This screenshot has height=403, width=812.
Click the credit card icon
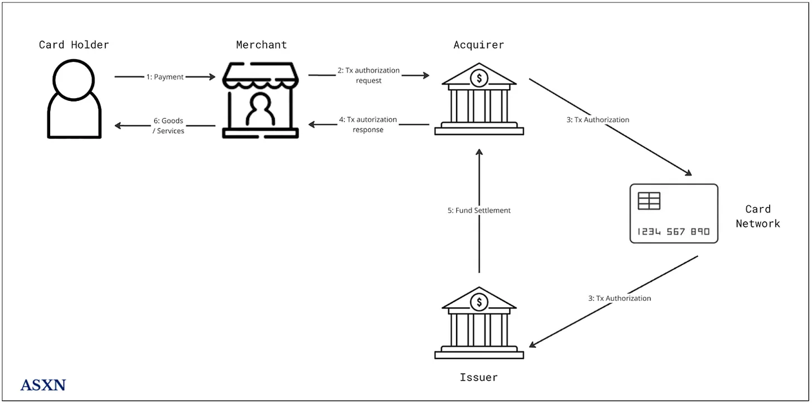pyautogui.click(x=673, y=214)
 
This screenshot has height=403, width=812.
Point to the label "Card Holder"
pyautogui.click(x=74, y=45)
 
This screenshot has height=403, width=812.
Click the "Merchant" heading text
pyautogui.click(x=261, y=45)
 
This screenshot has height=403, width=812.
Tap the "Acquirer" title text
pyautogui.click(x=479, y=45)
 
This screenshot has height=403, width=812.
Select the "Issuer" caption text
pyautogui.click(x=479, y=377)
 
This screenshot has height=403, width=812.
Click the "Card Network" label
pyautogui.click(x=757, y=216)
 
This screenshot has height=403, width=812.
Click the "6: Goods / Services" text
pyautogui.click(x=168, y=126)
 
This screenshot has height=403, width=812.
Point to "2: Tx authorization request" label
pyautogui.click(x=369, y=76)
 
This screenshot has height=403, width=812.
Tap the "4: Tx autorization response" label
pyautogui.click(x=368, y=125)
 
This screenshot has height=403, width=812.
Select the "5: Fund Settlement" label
pyautogui.click(x=479, y=210)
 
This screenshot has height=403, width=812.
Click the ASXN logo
pyautogui.click(x=43, y=386)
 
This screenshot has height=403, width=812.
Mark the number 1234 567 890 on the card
pyautogui.click(x=673, y=232)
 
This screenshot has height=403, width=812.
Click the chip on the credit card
pyautogui.click(x=649, y=201)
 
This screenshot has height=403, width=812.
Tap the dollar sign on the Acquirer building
pyautogui.click(x=479, y=78)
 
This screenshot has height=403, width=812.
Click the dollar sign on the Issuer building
pyautogui.click(x=479, y=302)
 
